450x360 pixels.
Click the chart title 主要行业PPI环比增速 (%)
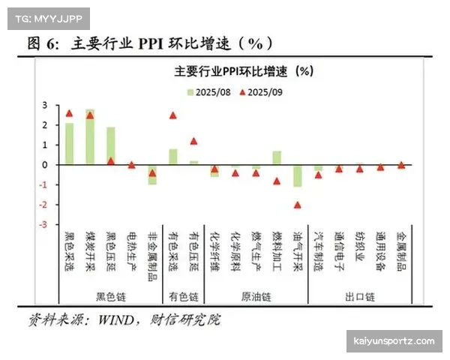click(242, 72)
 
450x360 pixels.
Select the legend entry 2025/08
click(209, 92)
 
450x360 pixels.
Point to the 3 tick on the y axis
click(44, 105)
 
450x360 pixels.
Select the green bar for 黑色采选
click(69, 143)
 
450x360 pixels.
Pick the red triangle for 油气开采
click(298, 205)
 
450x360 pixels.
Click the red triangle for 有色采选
click(173, 115)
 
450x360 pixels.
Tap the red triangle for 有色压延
click(193, 141)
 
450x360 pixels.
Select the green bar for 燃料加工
click(277, 157)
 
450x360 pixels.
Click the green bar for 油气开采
click(298, 175)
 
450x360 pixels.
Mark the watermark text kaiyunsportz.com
click(393, 341)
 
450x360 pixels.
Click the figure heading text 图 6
click(43, 43)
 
